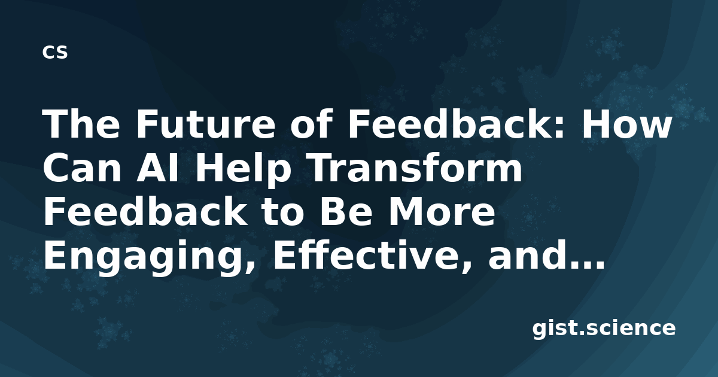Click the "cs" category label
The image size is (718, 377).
click(55, 52)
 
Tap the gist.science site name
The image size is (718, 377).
click(604, 329)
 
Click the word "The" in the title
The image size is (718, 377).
click(81, 124)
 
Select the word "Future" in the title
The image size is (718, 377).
click(205, 124)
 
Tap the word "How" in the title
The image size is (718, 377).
click(626, 124)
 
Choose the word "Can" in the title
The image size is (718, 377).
click(82, 168)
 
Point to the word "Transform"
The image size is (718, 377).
click(415, 168)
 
